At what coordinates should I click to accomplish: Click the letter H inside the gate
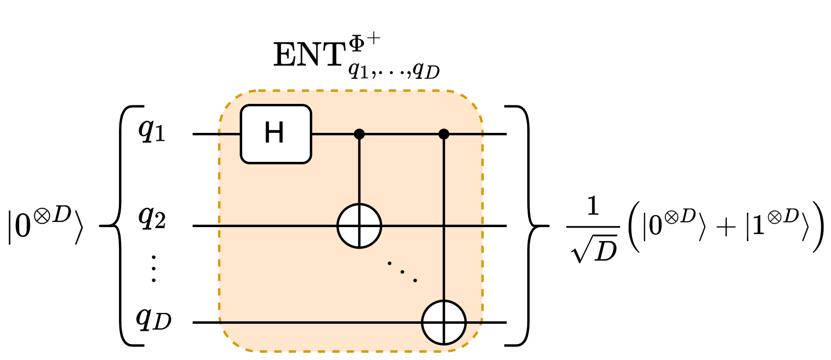[274, 133]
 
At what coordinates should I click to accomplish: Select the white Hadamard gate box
[251, 150]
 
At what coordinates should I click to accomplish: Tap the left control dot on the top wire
[359, 134]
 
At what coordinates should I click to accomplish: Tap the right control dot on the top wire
[444, 134]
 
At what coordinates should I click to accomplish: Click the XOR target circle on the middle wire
[359, 226]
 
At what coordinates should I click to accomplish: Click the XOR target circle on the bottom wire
[444, 322]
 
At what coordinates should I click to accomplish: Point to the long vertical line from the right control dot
[444, 193]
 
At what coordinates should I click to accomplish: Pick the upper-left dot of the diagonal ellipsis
[389, 263]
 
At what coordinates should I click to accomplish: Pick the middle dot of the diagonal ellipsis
[402, 272]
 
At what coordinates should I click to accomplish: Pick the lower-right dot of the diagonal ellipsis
[415, 280]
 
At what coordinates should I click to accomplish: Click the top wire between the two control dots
[401, 134]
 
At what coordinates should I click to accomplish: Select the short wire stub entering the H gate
[230, 134]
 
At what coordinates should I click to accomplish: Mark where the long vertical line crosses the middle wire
[444, 226]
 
